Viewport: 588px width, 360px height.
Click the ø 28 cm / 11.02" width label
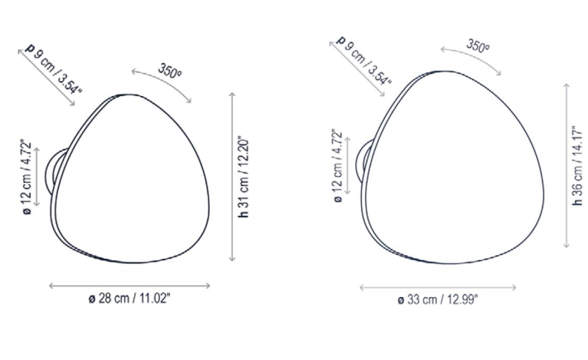[129, 299]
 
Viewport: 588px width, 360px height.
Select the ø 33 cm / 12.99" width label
[438, 300]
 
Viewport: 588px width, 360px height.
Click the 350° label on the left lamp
[170, 71]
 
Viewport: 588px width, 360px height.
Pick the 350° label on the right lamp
[478, 46]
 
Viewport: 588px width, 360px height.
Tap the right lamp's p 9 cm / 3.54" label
[364, 60]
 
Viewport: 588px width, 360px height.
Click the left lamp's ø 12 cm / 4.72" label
[26, 177]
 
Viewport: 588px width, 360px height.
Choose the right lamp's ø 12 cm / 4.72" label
[337, 166]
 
